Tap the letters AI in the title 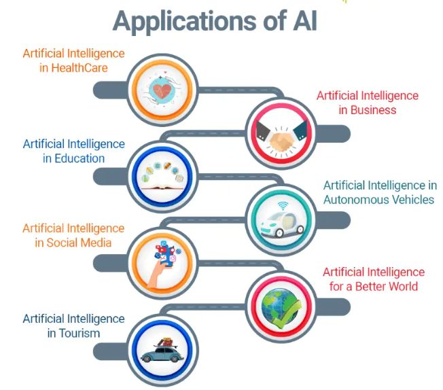[x=305, y=20]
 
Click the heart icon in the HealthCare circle [x=162, y=90]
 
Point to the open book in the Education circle [x=162, y=188]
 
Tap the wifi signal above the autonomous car [x=283, y=205]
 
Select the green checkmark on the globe [x=288, y=315]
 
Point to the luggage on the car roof [x=166, y=342]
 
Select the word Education [x=79, y=158]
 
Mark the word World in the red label [x=400, y=287]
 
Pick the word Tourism [x=79, y=334]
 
